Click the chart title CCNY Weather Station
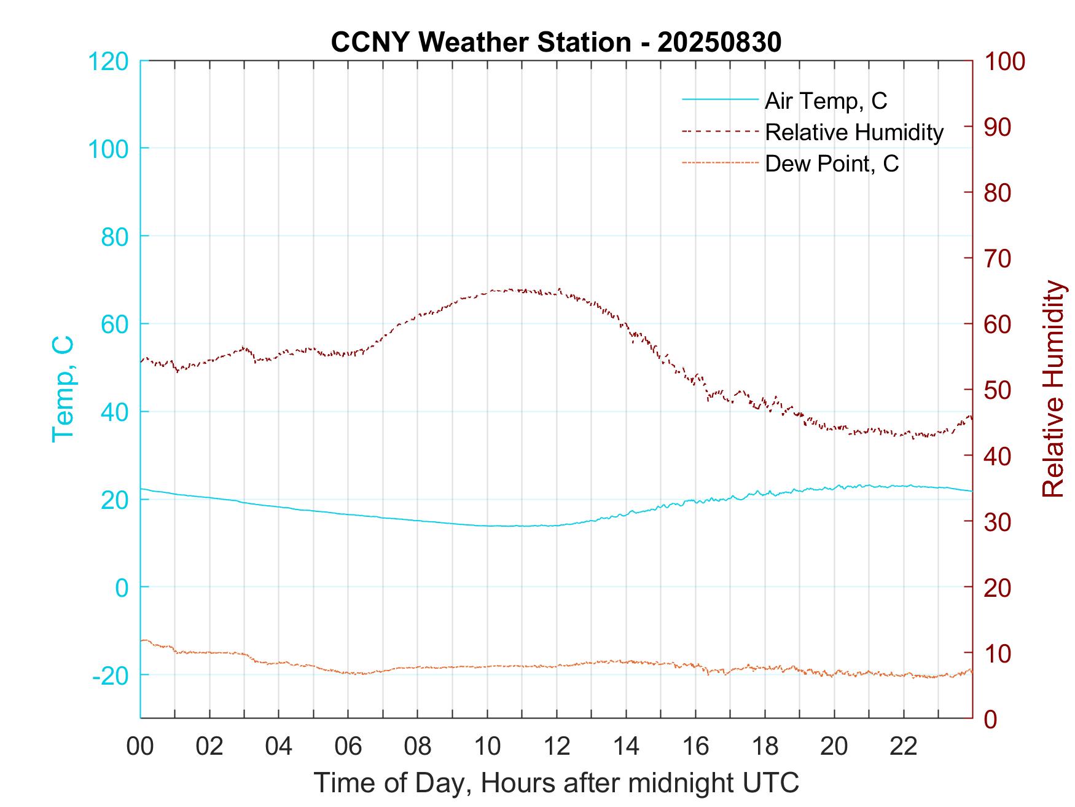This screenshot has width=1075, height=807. point(480,42)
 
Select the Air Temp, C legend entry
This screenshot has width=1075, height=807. point(826,100)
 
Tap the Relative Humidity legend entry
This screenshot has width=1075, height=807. point(854,132)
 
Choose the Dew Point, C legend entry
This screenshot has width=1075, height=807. point(831,163)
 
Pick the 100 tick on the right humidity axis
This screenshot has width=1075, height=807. point(1004,61)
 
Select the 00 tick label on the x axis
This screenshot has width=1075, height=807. point(140,747)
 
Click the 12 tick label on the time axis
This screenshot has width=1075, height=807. point(557,747)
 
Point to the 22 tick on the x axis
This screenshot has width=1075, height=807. point(904,747)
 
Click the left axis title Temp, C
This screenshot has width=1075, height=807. point(62,388)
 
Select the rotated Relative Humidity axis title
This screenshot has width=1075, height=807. point(1053,388)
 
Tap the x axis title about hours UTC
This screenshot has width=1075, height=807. point(557,783)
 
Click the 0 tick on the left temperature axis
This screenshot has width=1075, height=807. point(122,588)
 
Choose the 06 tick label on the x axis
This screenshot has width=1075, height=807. point(348,747)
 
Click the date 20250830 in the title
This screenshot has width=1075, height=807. point(719,42)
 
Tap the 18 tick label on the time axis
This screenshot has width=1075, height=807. point(765,747)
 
